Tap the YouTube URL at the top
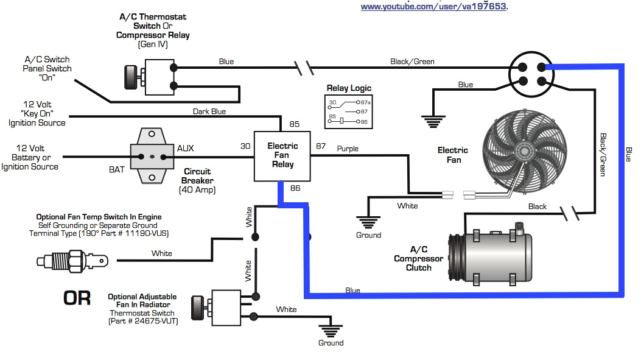tap(433, 6)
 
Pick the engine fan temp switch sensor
tap(72, 261)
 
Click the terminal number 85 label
tap(295, 125)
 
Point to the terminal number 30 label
tap(245, 146)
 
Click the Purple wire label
tap(348, 149)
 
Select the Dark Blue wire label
tap(209, 111)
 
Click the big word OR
tap(77, 298)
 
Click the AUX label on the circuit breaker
tap(186, 148)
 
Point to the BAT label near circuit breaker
tap(117, 169)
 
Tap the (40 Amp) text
tap(197, 190)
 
